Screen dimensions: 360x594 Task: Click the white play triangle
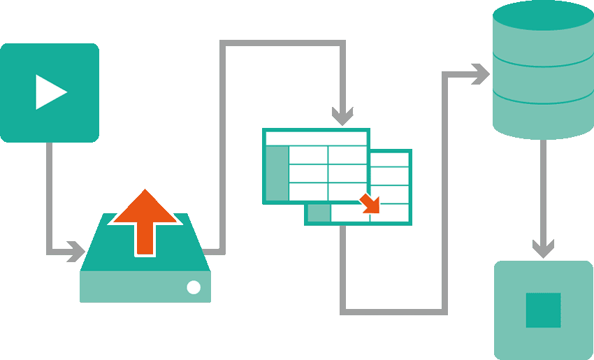49,92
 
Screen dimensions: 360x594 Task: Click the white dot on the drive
194,287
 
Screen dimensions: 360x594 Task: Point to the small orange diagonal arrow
370,203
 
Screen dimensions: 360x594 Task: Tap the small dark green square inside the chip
543,310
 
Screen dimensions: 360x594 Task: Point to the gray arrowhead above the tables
342,113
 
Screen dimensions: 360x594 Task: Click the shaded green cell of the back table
318,214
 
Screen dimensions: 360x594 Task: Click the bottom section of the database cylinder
543,119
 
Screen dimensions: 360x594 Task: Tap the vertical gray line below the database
543,189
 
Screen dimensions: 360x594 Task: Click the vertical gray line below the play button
50,196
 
